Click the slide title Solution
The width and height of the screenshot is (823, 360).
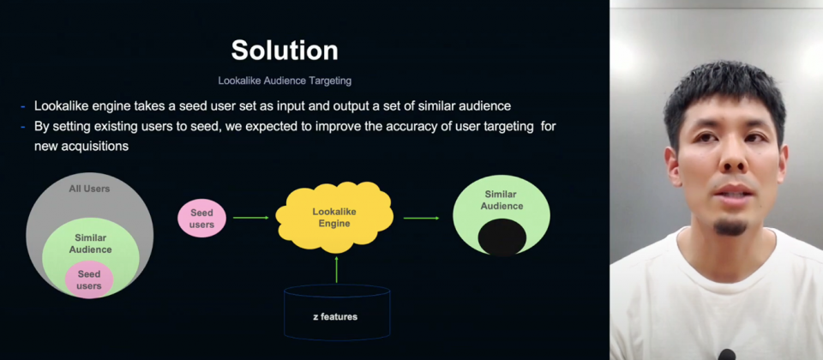pos(285,51)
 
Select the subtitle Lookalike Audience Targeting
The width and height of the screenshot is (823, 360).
pos(285,81)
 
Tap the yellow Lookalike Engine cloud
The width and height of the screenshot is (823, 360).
pos(334,218)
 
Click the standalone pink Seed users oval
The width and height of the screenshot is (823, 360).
pos(202,219)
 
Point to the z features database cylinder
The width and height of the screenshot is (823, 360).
pos(337,312)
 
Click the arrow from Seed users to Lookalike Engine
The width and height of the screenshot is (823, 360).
pos(251,217)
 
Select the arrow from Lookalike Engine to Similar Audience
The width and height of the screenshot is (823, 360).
pos(422,218)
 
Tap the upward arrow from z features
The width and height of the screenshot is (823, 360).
pos(336,269)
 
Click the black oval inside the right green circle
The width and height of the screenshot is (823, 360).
pos(502,237)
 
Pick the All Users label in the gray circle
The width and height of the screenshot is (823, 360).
pos(90,189)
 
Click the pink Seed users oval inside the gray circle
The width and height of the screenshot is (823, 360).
pos(89,279)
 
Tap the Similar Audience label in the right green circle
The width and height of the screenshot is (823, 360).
pos(502,200)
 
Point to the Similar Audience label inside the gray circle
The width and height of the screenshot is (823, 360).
pos(90,243)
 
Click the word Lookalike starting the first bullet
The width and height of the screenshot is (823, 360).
pos(58,106)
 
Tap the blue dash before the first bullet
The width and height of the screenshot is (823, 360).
pos(23,106)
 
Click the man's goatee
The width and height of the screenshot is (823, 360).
pos(730,227)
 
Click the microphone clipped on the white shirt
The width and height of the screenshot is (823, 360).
pos(726,355)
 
